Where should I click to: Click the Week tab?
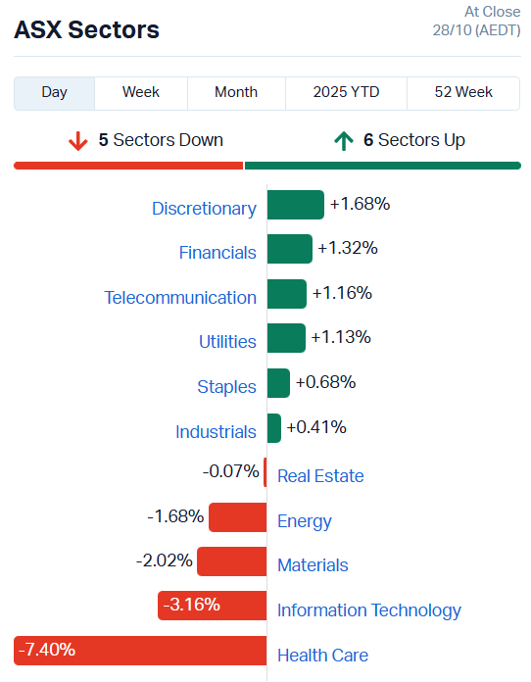click(x=141, y=92)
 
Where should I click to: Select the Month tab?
click(x=236, y=92)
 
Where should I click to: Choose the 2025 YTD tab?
click(x=346, y=92)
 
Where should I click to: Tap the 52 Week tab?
click(x=463, y=92)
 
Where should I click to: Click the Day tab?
click(x=55, y=92)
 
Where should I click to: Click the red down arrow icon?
click(x=78, y=141)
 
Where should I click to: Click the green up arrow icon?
click(x=343, y=141)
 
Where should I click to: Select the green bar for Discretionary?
click(x=295, y=205)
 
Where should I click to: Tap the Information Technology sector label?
click(x=368, y=610)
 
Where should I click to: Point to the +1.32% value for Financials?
click(x=347, y=249)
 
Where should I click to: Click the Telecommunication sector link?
click(x=180, y=297)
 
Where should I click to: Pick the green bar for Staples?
click(x=278, y=383)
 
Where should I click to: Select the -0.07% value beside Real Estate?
click(x=231, y=471)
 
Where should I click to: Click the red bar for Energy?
click(x=237, y=517)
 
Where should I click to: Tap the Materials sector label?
click(x=313, y=565)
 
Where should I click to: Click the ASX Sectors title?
click(x=86, y=30)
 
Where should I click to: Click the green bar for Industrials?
click(x=274, y=428)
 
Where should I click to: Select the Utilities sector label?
click(x=227, y=342)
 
